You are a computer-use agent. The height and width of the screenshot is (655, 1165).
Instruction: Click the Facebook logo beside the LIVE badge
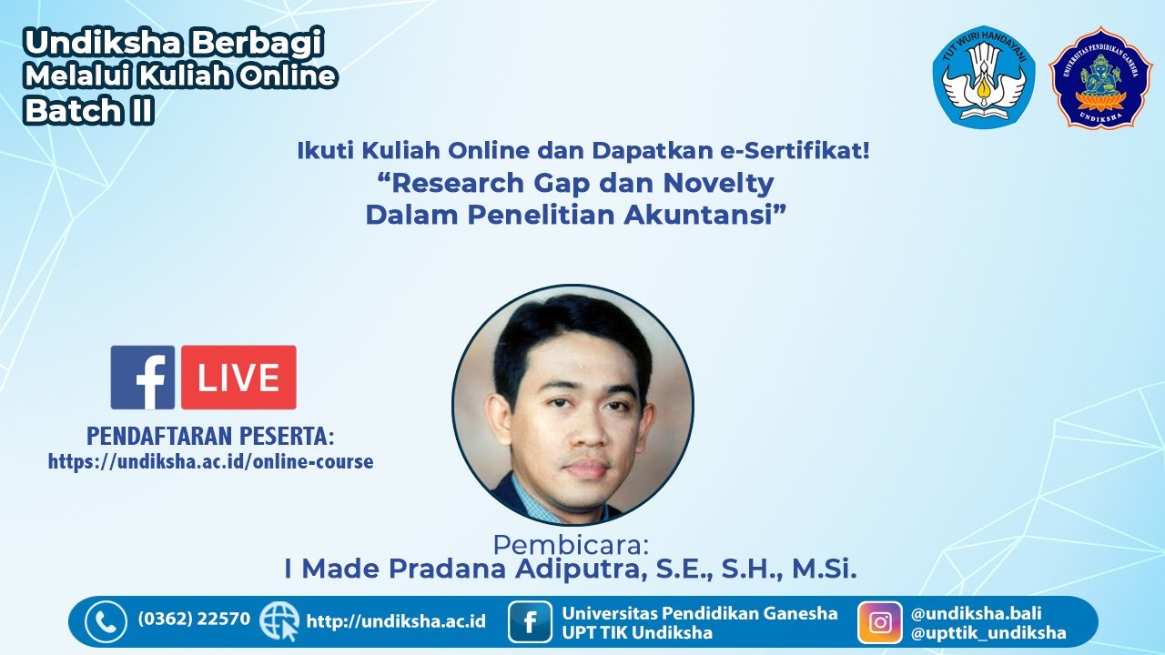click(142, 378)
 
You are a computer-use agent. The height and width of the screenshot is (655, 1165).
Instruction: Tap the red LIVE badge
click(238, 378)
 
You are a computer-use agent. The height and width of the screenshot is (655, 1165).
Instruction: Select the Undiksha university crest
click(1100, 77)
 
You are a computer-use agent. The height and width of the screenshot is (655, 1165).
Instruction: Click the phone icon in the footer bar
click(106, 622)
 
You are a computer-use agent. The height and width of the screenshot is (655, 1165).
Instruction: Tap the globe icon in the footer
click(279, 621)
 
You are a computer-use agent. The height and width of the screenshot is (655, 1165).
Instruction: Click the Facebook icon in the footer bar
click(530, 622)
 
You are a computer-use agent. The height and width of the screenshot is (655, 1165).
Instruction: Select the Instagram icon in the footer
click(880, 622)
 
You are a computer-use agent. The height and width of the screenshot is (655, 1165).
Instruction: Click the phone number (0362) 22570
click(194, 620)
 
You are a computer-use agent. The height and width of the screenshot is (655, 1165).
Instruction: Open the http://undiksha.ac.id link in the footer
click(396, 621)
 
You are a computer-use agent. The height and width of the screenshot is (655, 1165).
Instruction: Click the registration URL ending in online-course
click(210, 461)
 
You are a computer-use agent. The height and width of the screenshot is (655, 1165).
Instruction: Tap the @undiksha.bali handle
click(976, 613)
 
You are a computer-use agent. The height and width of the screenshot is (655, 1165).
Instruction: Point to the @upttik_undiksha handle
click(988, 633)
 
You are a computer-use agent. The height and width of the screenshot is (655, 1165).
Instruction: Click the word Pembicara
click(571, 545)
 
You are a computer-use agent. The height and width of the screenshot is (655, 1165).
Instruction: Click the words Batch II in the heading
click(88, 110)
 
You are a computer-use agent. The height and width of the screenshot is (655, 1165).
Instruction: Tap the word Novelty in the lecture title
click(718, 183)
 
